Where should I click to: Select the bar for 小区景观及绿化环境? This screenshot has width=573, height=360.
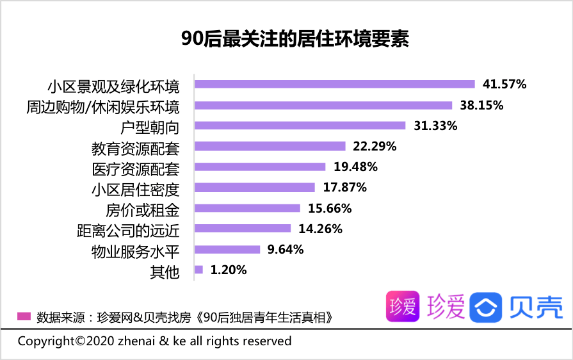coord(334,84)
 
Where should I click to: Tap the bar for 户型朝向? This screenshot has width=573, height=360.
coord(300,126)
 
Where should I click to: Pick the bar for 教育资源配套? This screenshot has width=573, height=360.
coord(270,146)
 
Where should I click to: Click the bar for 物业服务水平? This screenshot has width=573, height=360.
coord(227,249)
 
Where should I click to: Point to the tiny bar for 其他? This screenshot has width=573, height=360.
coord(198,270)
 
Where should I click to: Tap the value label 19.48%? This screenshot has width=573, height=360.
coord(355,167)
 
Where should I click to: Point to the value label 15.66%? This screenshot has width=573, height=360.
coord(330,208)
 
